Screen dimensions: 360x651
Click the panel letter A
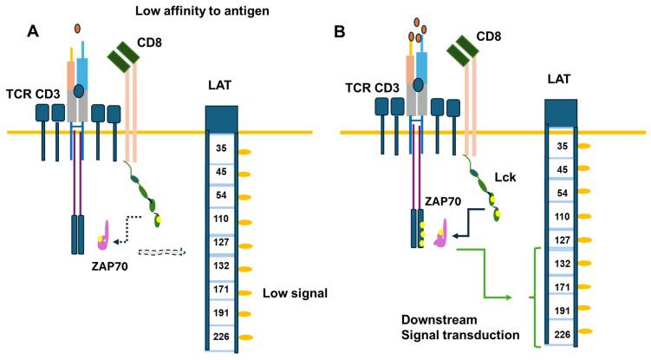click(x=33, y=32)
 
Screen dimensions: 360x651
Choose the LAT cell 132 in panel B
click(x=562, y=259)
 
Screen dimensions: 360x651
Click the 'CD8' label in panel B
click(x=495, y=37)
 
